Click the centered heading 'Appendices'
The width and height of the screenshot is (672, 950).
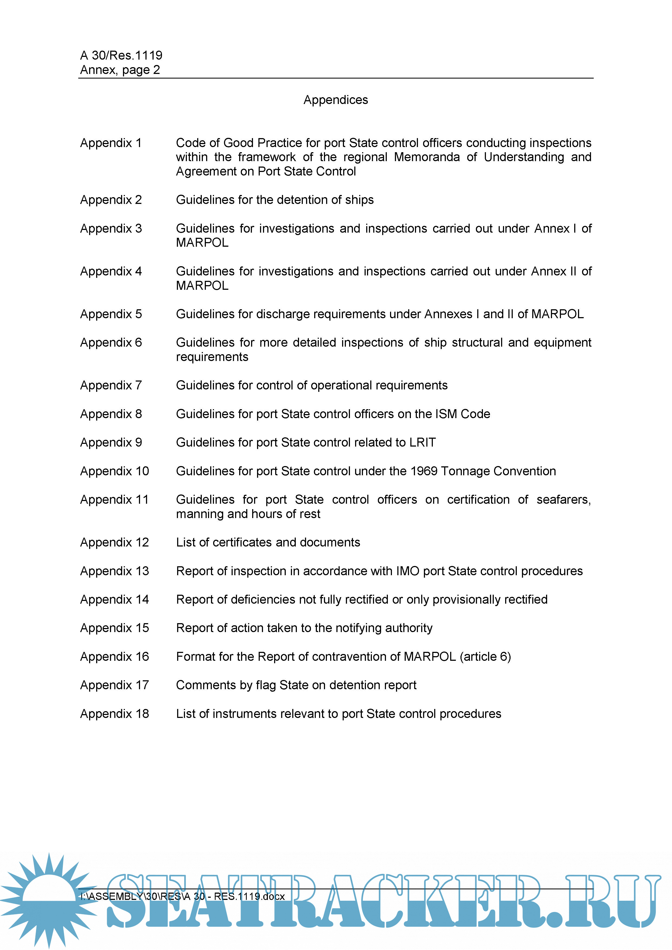[x=336, y=100]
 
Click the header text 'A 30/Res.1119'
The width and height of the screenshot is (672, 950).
[x=121, y=55]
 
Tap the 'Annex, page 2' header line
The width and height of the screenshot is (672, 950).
[x=120, y=70]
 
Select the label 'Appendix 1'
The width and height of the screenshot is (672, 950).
[x=111, y=143]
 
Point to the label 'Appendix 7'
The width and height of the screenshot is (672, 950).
[x=111, y=385]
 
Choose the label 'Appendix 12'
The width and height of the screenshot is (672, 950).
[x=114, y=542]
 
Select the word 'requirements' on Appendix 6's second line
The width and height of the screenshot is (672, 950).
[x=212, y=357]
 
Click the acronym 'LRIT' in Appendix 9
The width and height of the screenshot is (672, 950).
[x=423, y=442]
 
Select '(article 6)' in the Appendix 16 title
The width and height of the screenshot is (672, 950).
[x=485, y=657]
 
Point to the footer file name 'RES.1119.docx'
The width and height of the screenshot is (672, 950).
[x=249, y=896]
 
